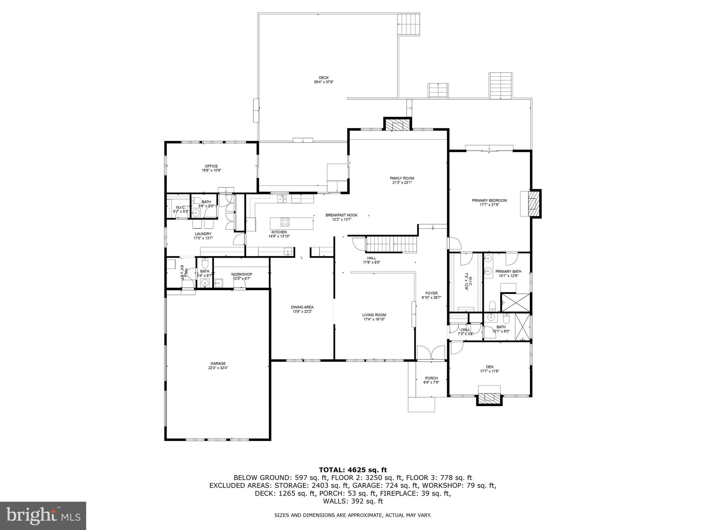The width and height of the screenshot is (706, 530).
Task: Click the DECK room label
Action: pyautogui.click(x=323, y=78)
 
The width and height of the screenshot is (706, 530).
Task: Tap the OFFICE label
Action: pyautogui.click(x=211, y=166)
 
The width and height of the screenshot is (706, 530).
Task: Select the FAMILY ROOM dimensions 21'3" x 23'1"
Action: pyautogui.click(x=402, y=183)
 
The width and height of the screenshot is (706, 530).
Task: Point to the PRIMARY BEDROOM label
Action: pyautogui.click(x=489, y=200)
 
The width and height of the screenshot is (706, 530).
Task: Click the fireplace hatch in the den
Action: pyautogui.click(x=489, y=398)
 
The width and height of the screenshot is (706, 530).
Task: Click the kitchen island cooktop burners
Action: pyautogui.click(x=285, y=221)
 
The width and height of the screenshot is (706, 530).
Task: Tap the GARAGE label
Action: pyautogui.click(x=218, y=363)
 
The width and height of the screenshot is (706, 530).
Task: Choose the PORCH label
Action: pyautogui.click(x=431, y=378)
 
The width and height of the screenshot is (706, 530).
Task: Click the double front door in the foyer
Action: pyautogui.click(x=431, y=353)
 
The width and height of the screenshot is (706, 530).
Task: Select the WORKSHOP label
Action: pyautogui.click(x=241, y=274)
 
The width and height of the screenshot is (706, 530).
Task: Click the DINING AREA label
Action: pyautogui.click(x=302, y=307)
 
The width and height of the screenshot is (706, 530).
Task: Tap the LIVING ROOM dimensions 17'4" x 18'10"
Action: pyautogui.click(x=374, y=319)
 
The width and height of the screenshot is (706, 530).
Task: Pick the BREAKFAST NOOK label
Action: pyautogui.click(x=341, y=215)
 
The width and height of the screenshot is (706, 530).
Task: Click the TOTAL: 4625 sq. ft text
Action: pyautogui.click(x=353, y=470)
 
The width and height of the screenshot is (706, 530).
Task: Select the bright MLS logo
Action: pyautogui.click(x=43, y=516)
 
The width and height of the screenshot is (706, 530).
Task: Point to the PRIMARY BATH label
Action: pyautogui.click(x=508, y=272)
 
